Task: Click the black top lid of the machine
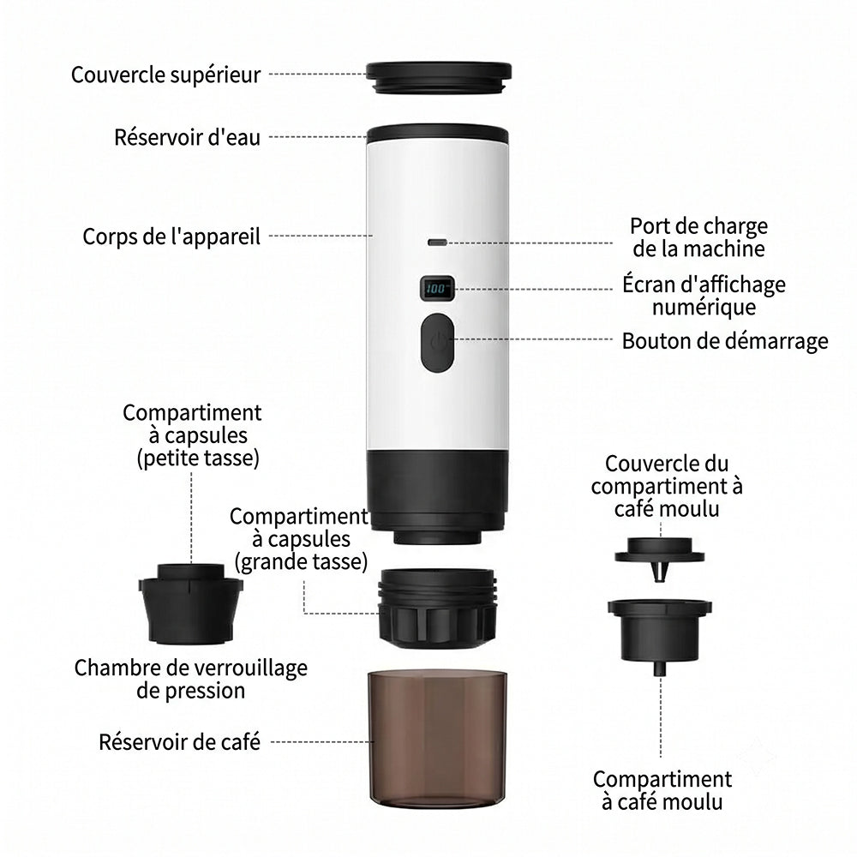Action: pos(438,77)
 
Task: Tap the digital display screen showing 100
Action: pos(437,288)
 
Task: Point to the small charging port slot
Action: pos(437,243)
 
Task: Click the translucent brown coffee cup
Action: pos(437,740)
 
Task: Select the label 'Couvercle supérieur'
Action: pos(165,75)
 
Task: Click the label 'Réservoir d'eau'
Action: pos(187,137)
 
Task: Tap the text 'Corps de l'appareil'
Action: pos(171,237)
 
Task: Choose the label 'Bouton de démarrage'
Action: pos(725,341)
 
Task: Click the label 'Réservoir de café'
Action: pos(179,742)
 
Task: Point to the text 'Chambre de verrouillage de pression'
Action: pos(191,680)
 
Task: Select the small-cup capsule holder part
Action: pos(191,603)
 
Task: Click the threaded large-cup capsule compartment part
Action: pos(437,608)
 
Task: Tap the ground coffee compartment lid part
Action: pos(660,559)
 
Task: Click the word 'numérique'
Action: pos(704,307)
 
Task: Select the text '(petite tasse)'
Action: pos(198,458)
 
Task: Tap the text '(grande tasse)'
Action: pos(301,562)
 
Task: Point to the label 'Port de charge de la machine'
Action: pos(699,237)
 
